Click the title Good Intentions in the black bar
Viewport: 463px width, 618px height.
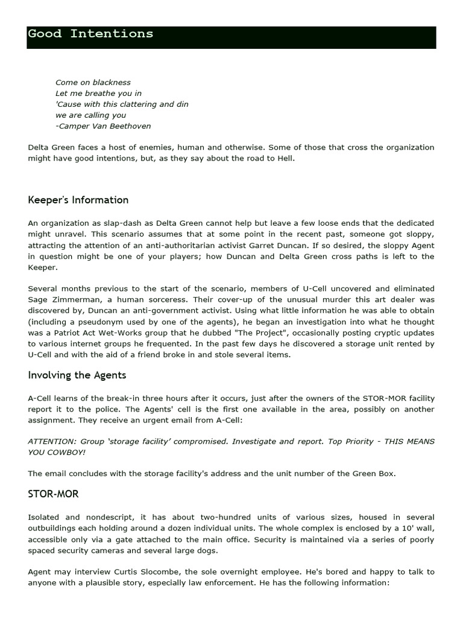90,34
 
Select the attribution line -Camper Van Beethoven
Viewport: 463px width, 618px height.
103,126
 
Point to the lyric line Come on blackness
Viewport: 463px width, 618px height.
93,82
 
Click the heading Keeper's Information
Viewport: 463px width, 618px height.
78,200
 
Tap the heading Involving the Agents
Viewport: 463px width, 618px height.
77,375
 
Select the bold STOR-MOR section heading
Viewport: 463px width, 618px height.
53,494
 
